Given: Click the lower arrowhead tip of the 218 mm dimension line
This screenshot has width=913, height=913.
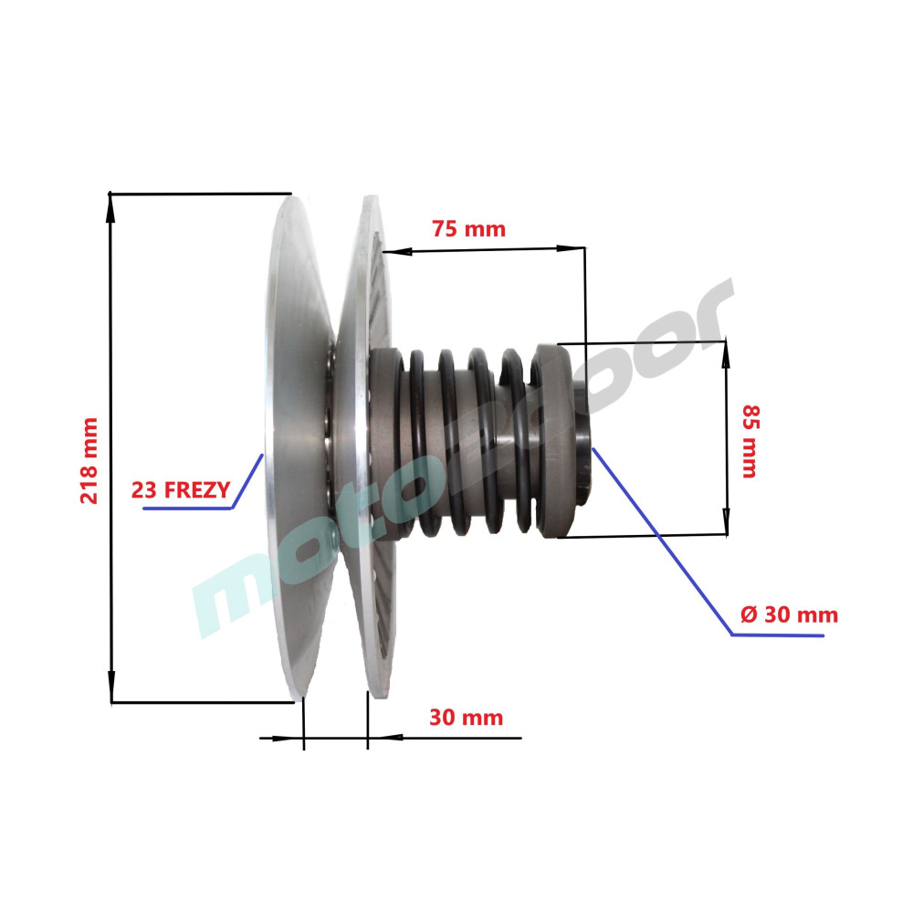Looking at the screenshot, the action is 111,702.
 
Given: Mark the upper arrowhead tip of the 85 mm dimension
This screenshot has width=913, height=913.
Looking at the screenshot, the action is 726,341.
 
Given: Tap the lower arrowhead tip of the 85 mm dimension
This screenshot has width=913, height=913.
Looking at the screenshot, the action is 726,534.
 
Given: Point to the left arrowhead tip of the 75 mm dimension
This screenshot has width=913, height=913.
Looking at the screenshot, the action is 383,252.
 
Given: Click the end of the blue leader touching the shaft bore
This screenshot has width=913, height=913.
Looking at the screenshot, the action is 593,448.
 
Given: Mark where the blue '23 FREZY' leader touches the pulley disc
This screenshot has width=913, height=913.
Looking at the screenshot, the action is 263,455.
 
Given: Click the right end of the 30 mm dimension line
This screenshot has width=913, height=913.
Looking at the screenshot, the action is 521,738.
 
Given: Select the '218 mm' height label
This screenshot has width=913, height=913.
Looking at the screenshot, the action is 89,460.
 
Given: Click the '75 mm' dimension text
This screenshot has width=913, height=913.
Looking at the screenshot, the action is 468,229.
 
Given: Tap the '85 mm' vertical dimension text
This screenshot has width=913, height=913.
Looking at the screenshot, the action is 750,441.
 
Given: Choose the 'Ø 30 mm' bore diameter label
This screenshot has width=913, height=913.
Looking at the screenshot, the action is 789,614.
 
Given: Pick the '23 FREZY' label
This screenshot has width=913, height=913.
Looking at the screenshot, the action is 181,490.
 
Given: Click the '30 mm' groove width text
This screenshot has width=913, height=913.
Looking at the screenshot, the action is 467,718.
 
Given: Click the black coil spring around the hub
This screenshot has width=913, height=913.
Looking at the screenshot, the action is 466,443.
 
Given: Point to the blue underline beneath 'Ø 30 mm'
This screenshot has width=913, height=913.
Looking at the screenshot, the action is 777,635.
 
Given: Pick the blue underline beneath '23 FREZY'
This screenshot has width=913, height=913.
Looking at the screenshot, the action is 187,509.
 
